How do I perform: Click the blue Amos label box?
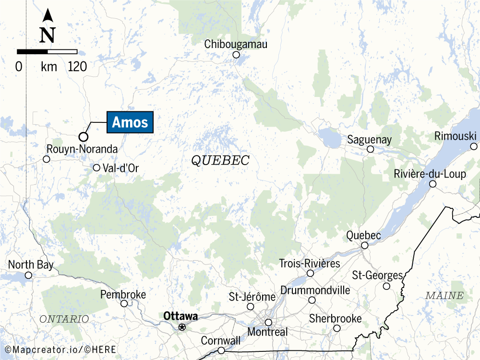coord(130,122)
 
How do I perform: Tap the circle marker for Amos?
coord(83,136)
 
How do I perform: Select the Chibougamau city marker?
coord(236,55)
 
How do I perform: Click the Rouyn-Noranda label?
coord(82,149)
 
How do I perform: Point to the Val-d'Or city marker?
coord(96,168)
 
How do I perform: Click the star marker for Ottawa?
coord(182,327)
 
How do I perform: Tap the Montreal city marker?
coord(268,322)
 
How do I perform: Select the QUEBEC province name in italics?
coord(220,160)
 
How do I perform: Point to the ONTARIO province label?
coord(64,319)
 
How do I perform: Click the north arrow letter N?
coord(48,35)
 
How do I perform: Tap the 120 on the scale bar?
coord(78,67)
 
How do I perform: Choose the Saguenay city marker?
coord(371,149)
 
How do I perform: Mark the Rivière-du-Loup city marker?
coord(432,184)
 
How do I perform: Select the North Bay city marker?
coord(28,275)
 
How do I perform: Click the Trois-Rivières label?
coord(310,264)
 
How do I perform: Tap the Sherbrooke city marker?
coord(337,328)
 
